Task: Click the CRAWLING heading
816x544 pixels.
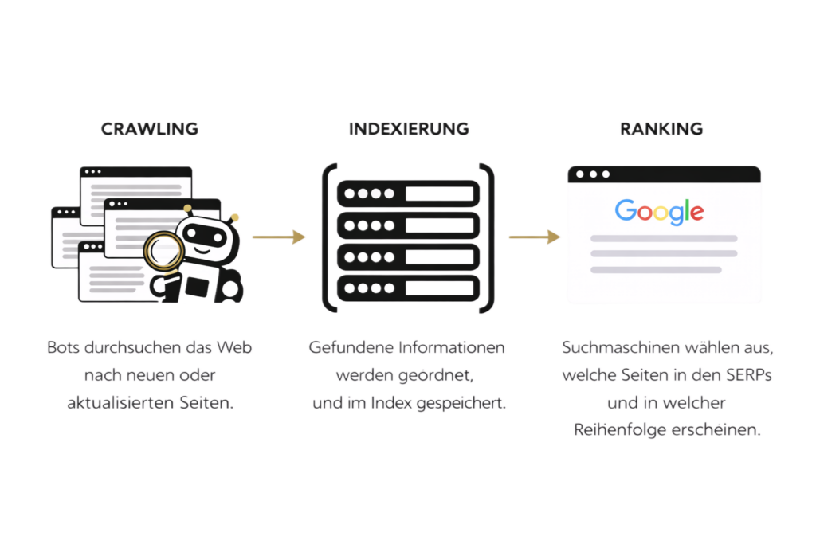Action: pos(149,129)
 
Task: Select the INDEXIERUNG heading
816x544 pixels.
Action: pos(409,129)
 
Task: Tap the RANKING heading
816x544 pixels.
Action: pos(661,129)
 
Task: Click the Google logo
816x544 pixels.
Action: pos(659,212)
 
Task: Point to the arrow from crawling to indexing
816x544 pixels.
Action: pos(279,237)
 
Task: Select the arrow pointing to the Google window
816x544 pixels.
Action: pos(535,237)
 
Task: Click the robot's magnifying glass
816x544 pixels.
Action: pos(164,252)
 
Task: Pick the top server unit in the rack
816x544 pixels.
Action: pos(409,194)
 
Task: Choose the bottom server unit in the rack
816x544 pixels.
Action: pos(409,288)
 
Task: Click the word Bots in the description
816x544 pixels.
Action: pos(64,347)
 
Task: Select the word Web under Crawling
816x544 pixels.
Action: pos(234,347)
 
